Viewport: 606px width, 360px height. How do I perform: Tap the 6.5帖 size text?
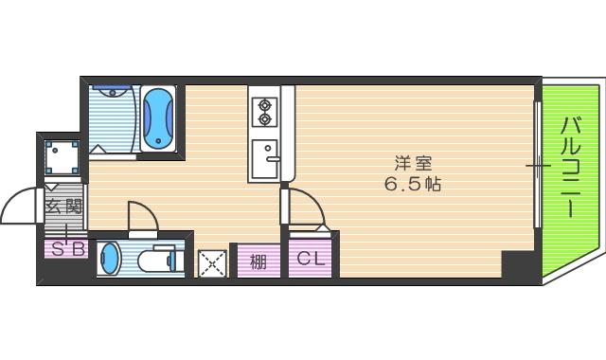click(413, 184)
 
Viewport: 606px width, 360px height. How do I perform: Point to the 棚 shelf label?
click(258, 261)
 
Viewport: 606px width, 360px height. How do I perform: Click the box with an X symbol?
click(212, 261)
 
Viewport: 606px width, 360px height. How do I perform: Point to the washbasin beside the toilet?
click(111, 257)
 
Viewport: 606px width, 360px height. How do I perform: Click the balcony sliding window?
click(538, 166)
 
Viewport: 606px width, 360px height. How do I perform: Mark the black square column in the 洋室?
click(517, 264)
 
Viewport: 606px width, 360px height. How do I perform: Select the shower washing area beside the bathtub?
click(113, 117)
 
